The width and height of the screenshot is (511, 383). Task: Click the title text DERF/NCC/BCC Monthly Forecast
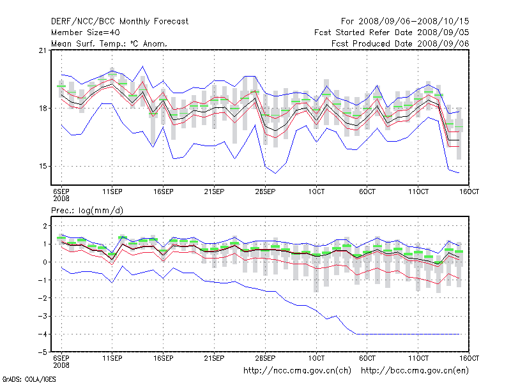119,22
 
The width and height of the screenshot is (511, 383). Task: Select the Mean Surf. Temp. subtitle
109,43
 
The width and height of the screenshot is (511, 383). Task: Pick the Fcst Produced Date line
400,43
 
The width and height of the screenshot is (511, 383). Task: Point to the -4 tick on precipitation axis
44,334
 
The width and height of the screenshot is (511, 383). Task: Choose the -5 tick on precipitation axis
44,352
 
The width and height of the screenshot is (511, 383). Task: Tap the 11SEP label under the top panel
112,191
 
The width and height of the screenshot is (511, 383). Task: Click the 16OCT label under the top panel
469,191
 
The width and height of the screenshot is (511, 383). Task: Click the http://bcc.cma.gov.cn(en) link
416,370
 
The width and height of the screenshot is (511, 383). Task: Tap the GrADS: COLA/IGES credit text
20,379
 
